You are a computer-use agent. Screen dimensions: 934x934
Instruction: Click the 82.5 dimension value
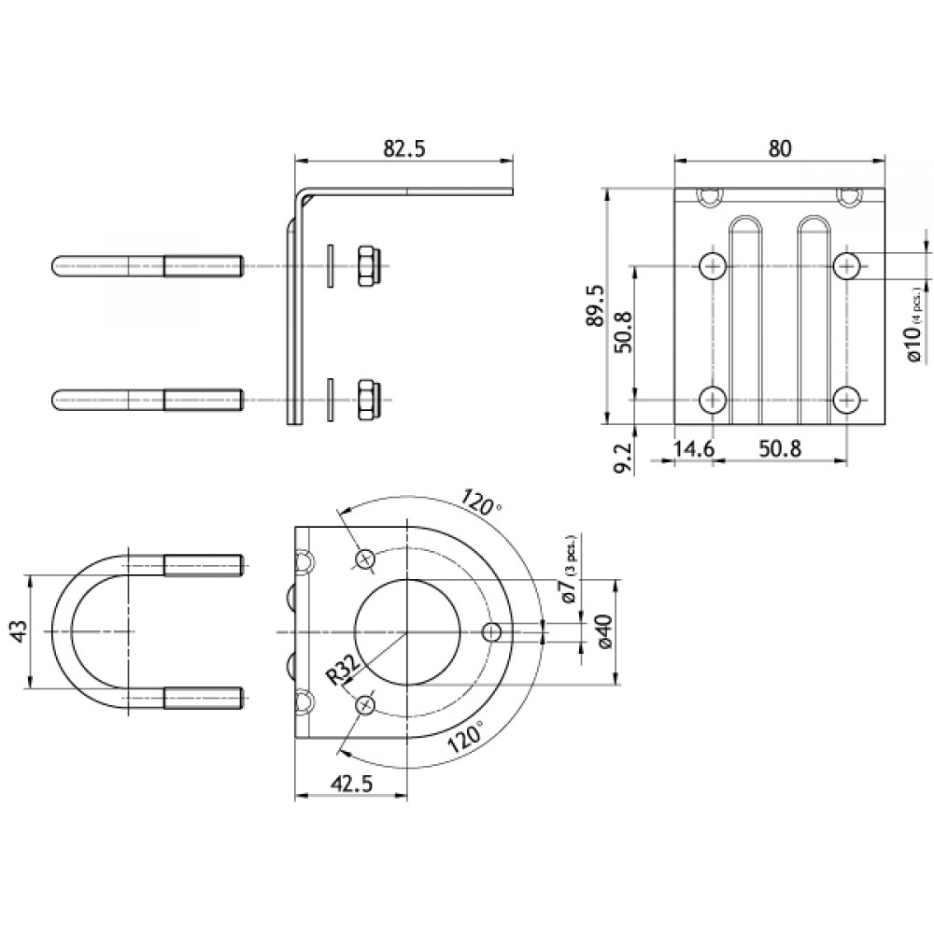pos(404,149)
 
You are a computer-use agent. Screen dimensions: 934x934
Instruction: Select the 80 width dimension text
pos(781,148)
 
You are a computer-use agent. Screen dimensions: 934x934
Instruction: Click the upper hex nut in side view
pos(366,265)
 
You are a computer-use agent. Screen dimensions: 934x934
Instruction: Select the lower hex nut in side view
pos(366,400)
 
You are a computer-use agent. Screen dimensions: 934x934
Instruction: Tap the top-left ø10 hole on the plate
pos(713,266)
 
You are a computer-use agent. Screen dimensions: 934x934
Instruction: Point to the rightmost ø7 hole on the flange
pos(492,632)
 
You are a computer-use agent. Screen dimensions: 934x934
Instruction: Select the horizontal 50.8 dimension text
pos(780,449)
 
